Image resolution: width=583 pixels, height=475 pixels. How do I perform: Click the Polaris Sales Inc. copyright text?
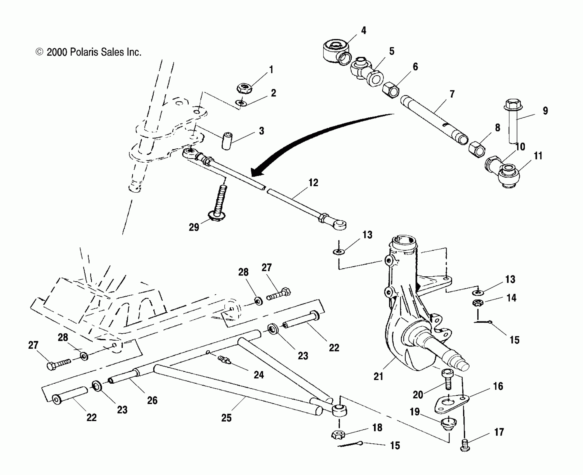tap(89, 52)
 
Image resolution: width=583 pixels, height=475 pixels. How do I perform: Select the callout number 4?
tap(363, 30)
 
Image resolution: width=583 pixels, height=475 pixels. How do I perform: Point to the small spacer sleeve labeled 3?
tap(227, 142)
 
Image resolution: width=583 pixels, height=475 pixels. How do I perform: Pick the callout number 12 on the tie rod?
tap(313, 183)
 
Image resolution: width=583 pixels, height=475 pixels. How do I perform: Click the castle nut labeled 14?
tap(478, 303)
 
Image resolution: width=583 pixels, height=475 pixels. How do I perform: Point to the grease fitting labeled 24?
tap(225, 359)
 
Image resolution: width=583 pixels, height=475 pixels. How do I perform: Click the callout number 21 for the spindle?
tap(378, 376)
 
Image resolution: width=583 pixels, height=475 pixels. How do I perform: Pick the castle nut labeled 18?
tap(338, 434)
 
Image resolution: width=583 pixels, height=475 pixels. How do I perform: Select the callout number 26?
tap(152, 400)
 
